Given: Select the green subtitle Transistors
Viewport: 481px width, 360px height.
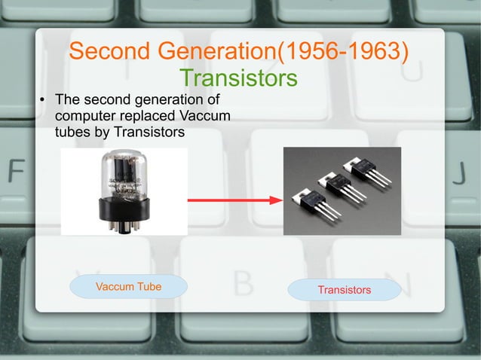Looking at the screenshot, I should click(239, 78).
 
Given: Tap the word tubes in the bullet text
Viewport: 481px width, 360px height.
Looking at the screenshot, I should click(72, 133).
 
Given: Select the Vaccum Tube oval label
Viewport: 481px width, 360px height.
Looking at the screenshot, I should click(128, 286).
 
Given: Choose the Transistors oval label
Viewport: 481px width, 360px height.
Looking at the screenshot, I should click(344, 290).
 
